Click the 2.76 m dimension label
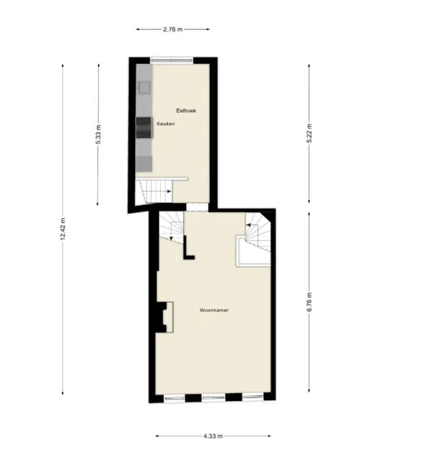(173, 29)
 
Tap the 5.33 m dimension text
(98, 135)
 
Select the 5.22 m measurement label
(309, 134)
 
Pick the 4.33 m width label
(213, 436)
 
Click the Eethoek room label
(186, 110)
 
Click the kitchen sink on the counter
(144, 87)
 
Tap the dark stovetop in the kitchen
(144, 126)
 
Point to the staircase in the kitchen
(154, 192)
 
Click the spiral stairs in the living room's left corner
(171, 226)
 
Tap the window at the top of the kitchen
(172, 59)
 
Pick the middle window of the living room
(213, 397)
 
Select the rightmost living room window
(252, 397)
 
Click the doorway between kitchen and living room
(196, 207)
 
